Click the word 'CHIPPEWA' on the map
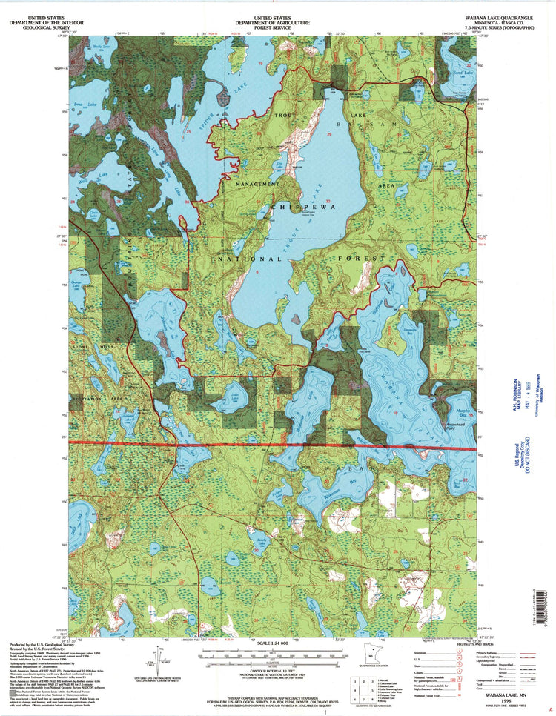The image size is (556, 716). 304,208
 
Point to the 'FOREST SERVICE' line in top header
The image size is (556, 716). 282,27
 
